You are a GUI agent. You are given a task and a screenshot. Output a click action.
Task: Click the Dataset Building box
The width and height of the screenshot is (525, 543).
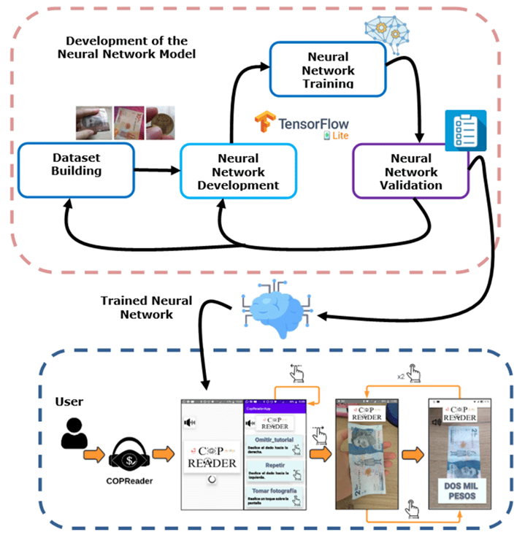tap(76, 170)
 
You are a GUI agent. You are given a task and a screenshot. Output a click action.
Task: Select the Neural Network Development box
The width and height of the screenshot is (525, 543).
tap(238, 172)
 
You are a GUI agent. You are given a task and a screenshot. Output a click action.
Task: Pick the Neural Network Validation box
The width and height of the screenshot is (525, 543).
tap(410, 172)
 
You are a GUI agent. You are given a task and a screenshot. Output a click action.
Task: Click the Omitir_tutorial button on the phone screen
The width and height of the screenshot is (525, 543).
tap(275, 442)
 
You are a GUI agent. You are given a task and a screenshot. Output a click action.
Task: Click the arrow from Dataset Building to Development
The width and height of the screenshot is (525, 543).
tap(158, 171)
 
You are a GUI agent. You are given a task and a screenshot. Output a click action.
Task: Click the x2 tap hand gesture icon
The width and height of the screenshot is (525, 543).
tap(414, 374)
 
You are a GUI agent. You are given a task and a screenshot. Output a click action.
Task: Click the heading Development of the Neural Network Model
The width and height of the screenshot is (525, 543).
tap(126, 47)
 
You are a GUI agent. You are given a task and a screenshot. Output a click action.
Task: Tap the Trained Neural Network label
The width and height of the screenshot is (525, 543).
tap(147, 307)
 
